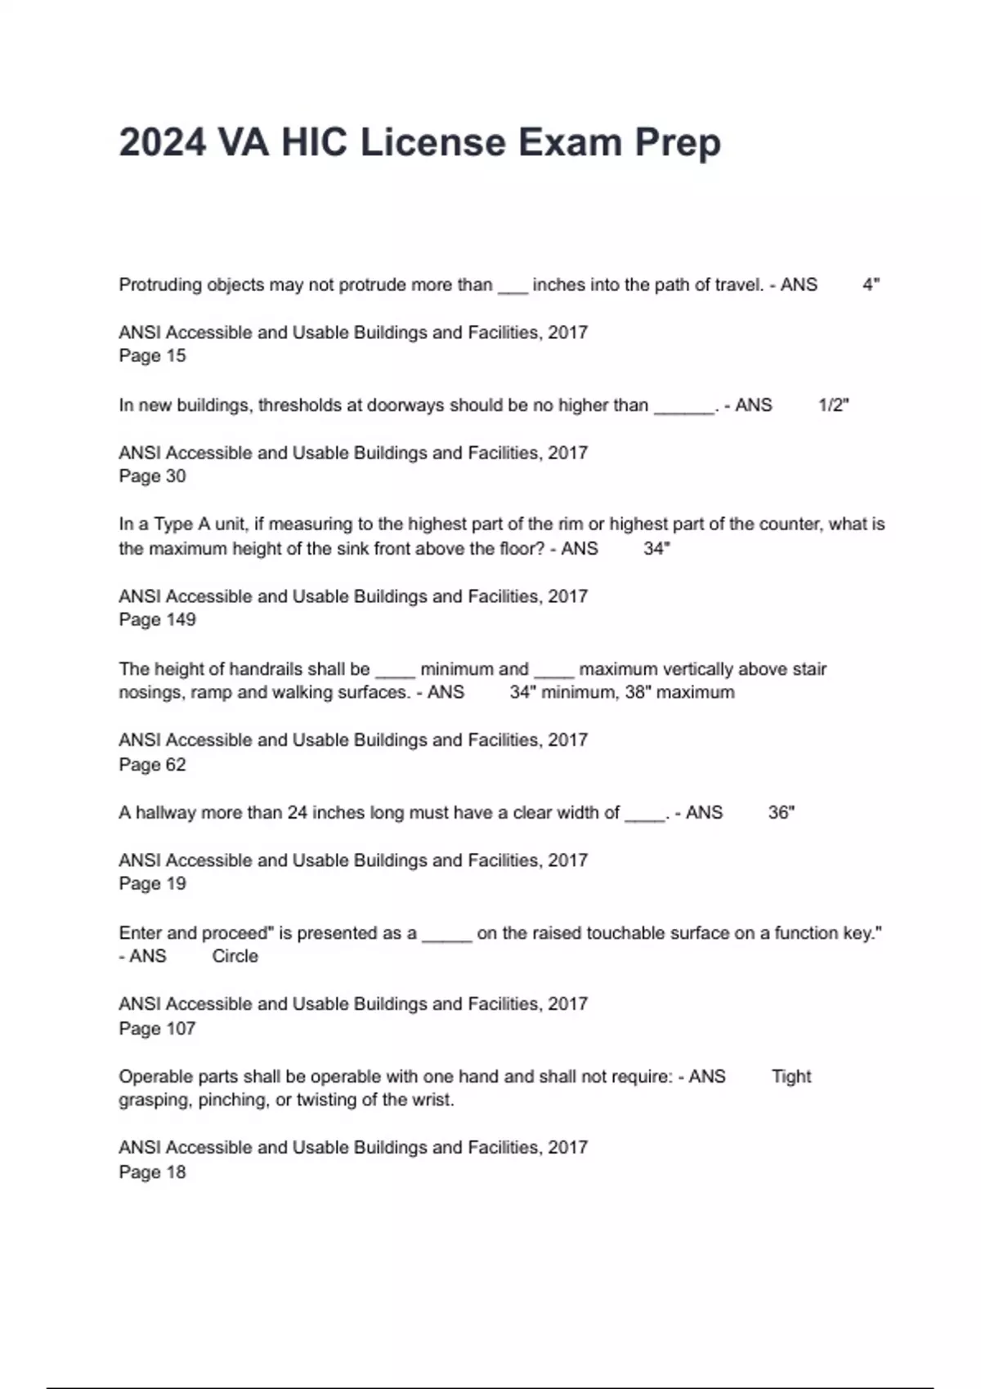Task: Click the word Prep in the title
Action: (x=678, y=143)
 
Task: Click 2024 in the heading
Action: (x=162, y=143)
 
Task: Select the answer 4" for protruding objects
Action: (x=871, y=285)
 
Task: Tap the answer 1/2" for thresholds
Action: (x=833, y=405)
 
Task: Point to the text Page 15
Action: (x=152, y=356)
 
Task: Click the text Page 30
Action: (x=152, y=476)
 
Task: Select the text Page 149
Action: (x=157, y=620)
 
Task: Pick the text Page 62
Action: (x=152, y=765)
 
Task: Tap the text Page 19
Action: (x=152, y=884)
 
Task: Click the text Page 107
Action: (x=157, y=1029)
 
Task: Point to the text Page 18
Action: (x=152, y=1172)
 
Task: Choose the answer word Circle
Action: (x=235, y=957)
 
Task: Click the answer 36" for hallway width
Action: (x=781, y=813)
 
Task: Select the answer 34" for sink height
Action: (x=656, y=549)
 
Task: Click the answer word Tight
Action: (x=791, y=1077)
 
